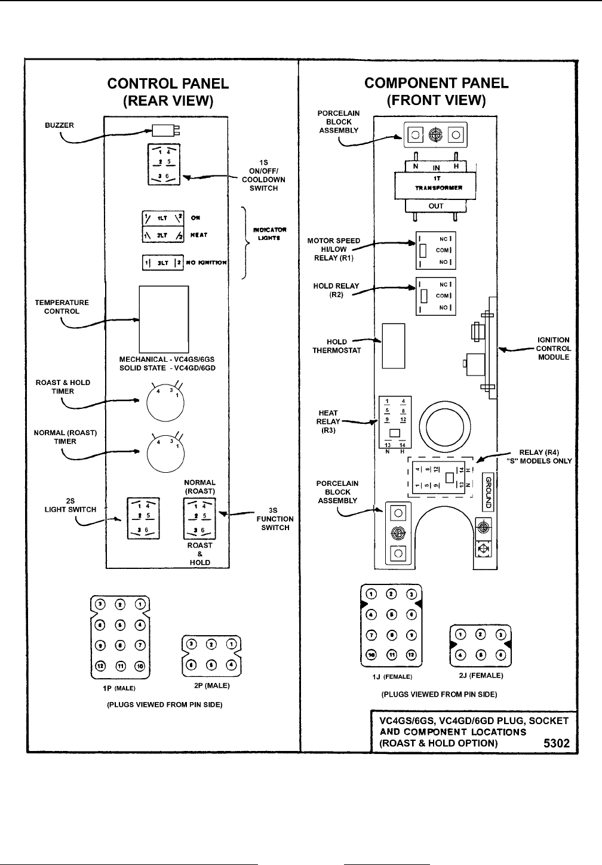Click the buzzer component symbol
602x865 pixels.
(162, 131)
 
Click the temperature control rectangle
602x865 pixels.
(164, 319)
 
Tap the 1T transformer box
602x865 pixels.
(436, 187)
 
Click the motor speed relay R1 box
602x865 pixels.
(435, 250)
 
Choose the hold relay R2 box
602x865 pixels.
(435, 295)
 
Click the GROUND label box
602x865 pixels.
(487, 492)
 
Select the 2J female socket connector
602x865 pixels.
(480, 646)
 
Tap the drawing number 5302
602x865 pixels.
(556, 743)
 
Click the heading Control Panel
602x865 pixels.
(168, 84)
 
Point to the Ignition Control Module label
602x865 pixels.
(553, 349)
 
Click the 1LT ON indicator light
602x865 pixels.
(162, 218)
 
